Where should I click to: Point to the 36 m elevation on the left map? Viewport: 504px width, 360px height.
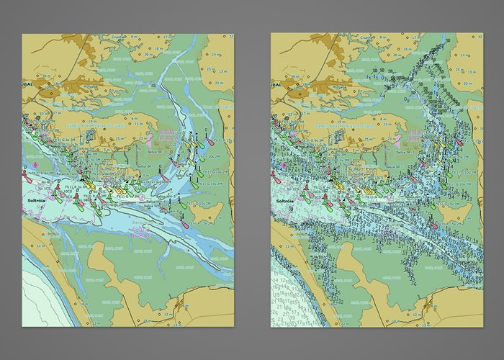click(x=45, y=76)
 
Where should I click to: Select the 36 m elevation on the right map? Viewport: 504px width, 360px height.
click(x=294, y=76)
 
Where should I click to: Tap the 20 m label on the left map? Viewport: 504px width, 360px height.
click(x=148, y=53)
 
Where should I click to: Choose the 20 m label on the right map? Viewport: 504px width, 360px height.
click(x=397, y=53)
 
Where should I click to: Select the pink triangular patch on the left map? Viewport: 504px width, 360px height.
click(x=149, y=138)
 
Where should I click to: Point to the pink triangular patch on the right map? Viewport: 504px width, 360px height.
click(x=398, y=138)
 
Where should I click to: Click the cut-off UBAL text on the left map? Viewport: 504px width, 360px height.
click(x=29, y=84)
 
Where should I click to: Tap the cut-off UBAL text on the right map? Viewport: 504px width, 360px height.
click(x=278, y=84)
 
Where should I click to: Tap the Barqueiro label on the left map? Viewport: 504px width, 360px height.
click(x=141, y=225)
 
